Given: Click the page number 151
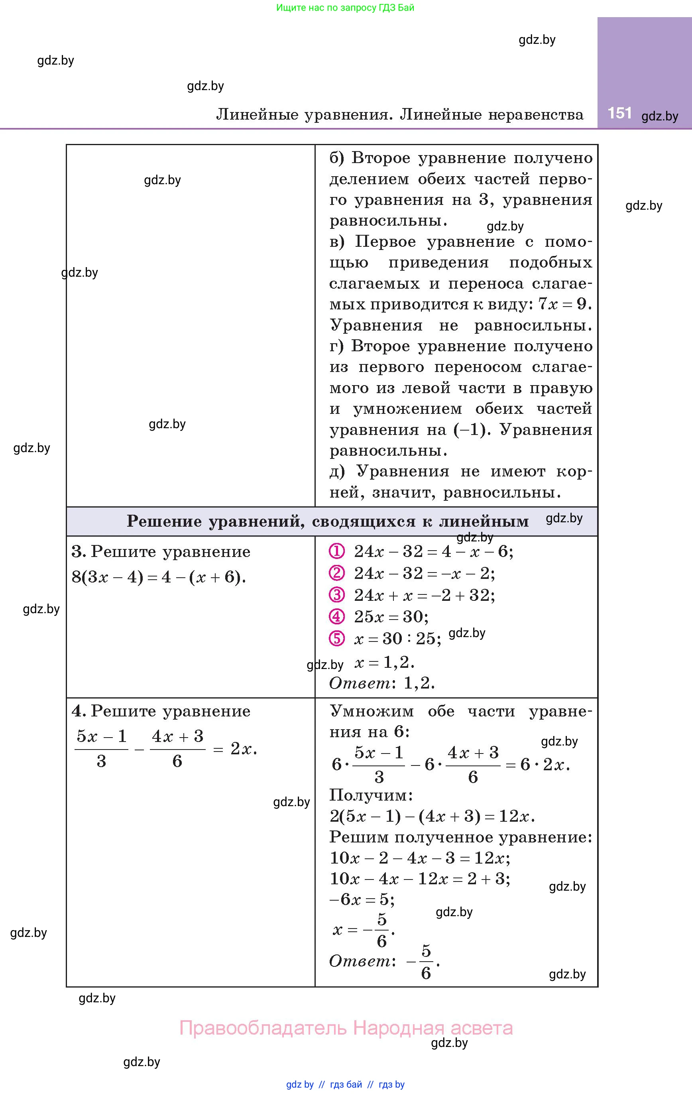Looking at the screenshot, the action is click(619, 113).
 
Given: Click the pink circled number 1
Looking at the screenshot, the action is click(337, 551).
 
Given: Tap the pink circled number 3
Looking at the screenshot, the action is click(337, 595).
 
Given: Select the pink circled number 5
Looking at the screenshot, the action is click(337, 638).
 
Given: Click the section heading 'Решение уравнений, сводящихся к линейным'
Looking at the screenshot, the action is click(328, 521).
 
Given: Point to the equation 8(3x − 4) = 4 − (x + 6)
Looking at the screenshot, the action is click(159, 577).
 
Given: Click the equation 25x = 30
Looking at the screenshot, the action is click(391, 616).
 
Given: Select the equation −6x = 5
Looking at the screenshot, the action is click(362, 899).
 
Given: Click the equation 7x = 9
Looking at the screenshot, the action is click(564, 304).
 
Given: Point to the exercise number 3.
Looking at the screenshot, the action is click(78, 551).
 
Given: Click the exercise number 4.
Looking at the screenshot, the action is click(78, 711).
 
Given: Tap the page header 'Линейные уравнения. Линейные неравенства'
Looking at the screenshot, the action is click(400, 114).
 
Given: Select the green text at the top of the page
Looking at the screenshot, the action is click(345, 8).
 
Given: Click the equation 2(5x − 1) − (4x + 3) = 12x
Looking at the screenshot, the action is click(432, 817).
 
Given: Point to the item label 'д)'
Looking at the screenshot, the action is click(337, 472).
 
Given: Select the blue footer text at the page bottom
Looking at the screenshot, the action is click(345, 1084).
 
